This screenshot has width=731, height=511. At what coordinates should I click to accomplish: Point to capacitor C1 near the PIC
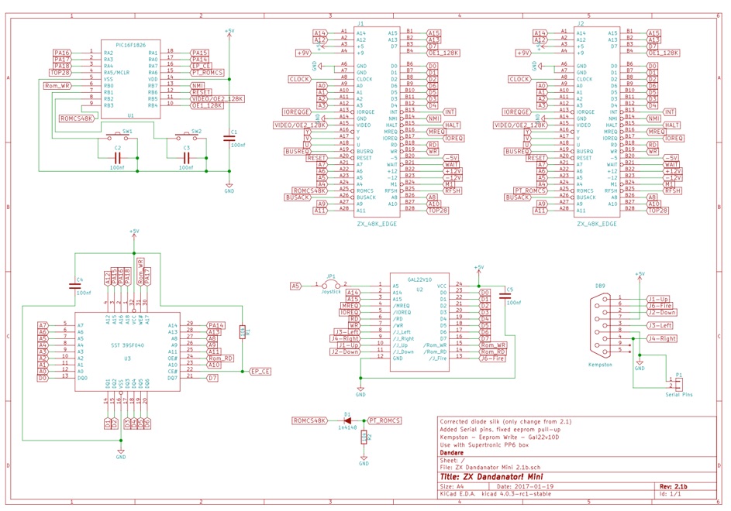229,139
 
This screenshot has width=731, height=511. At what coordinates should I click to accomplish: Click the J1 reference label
362,24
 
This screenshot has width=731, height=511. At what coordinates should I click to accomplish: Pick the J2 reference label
581,24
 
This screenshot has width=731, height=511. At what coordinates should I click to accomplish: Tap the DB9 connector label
600,286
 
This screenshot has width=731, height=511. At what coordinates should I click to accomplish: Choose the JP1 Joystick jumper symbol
332,286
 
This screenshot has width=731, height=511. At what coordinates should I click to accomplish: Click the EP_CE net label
260,371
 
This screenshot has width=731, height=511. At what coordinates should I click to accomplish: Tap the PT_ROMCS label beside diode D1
384,420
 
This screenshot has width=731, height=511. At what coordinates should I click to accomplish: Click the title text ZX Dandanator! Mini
485,477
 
